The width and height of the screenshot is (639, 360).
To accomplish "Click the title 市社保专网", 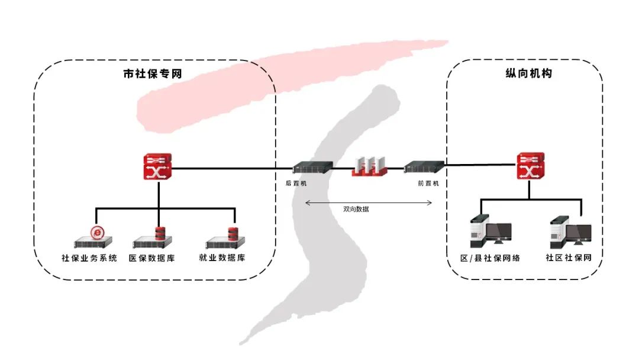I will coord(152,75).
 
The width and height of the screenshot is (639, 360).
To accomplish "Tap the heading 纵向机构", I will coord(524,75).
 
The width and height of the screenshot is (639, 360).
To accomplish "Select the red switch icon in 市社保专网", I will coord(157,167).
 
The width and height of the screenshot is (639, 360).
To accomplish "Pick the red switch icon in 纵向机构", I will coord(530,166).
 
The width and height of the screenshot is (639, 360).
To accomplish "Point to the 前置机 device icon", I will coord(424,168).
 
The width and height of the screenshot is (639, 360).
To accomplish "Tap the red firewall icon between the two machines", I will coord(369,167).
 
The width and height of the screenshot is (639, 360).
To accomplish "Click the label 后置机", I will coord(296,184).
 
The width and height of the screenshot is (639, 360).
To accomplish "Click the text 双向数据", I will coord(356,209).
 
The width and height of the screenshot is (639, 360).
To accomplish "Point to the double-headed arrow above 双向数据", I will coord(369,202).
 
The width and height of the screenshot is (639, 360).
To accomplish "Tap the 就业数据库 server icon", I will coord(225,238).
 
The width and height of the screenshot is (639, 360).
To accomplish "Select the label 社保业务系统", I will coord(90,258).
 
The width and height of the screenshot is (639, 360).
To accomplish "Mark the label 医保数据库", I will coord(154,258).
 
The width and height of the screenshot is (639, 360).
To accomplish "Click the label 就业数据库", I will coord(222,258).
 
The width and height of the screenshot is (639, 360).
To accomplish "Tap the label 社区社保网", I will coord(569,258).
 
